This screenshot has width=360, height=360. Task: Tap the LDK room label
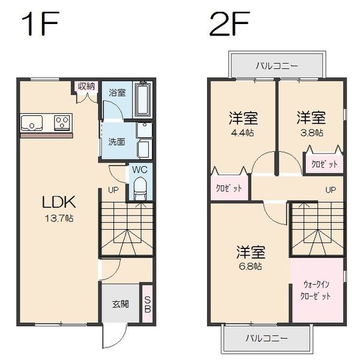pos(58,202)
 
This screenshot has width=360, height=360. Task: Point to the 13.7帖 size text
pos(58,218)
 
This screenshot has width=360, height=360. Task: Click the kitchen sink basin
pos(31,124)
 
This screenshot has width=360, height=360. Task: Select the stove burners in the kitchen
pos(62,123)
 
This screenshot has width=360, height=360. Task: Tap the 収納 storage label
pos(86,86)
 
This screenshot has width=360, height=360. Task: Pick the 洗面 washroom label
pos(116,142)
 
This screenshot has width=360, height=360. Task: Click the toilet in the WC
pos(139,190)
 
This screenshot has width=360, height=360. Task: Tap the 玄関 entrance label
pos(120,304)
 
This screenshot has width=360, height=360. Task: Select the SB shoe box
pos(146,305)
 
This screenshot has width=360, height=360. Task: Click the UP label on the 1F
pos(113,190)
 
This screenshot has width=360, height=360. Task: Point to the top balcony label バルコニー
pos(277,65)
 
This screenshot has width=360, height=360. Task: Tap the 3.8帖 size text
pos(311,133)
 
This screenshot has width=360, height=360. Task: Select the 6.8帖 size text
pos(251,266)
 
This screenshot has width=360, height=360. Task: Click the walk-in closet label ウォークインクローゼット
pos(316,290)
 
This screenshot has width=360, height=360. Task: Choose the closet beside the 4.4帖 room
pos(229,188)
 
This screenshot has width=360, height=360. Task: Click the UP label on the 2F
pos(330,190)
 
